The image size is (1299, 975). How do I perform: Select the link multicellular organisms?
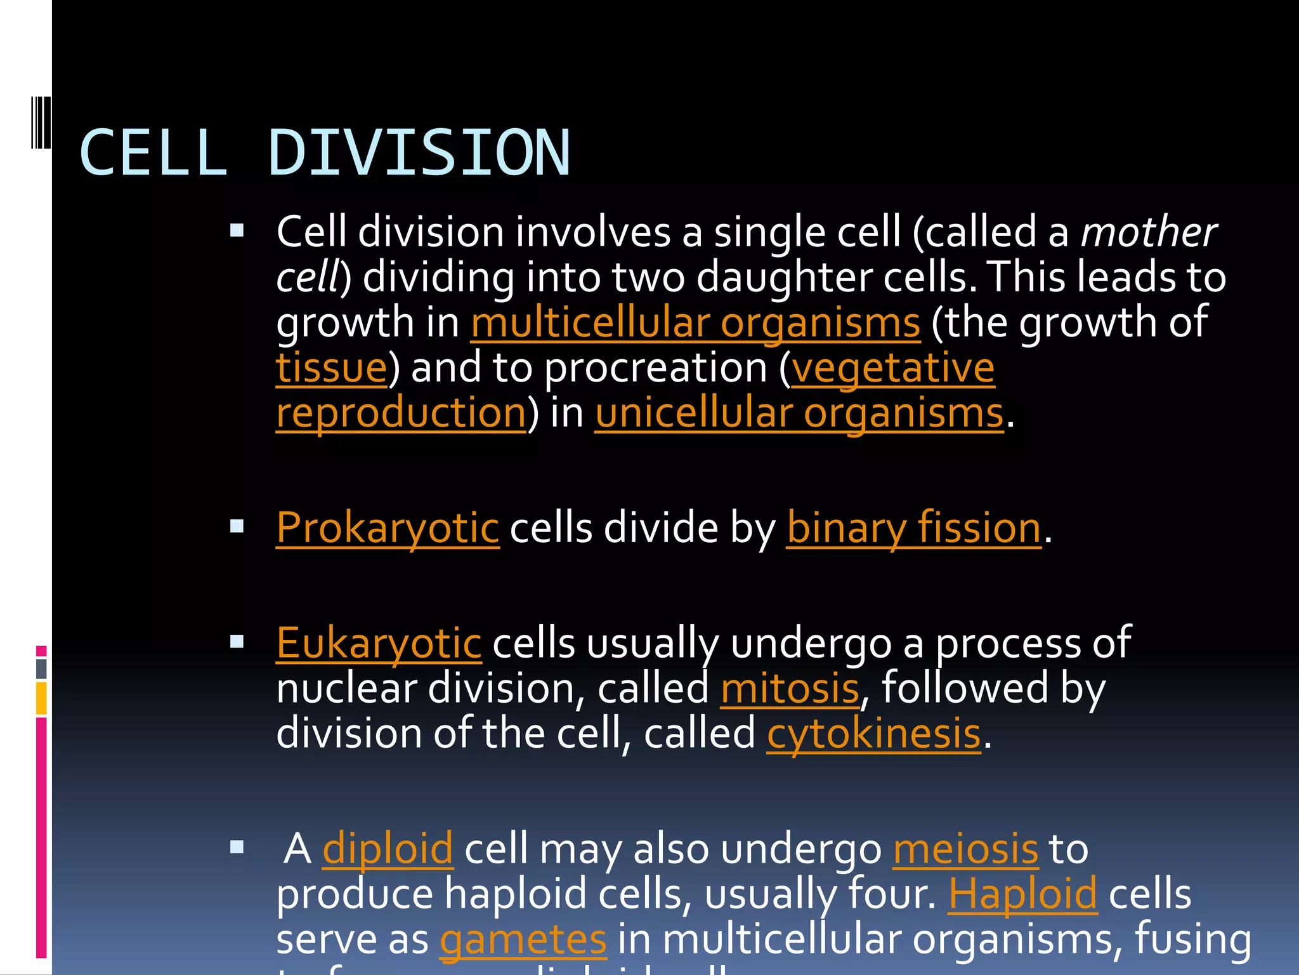coord(695,322)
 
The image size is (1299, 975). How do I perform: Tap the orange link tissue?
coord(331,368)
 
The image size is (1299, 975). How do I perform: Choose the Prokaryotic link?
coord(388,527)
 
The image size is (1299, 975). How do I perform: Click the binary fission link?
coord(913,527)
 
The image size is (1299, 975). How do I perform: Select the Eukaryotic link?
coord(379,643)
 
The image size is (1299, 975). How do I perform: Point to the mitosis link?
coord(790,689)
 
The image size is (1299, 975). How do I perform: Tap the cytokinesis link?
coord(874,734)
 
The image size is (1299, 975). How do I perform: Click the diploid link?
coord(388,849)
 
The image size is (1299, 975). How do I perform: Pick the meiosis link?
coord(965,849)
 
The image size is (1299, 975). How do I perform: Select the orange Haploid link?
coord(1022,894)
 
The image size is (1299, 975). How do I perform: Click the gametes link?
coord(523,939)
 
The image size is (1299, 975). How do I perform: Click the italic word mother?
coord(1148,232)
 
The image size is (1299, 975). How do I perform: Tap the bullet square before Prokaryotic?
coord(237,526)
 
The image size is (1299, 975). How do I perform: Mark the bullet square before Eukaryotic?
coord(237,641)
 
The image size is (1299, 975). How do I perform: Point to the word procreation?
coord(656,368)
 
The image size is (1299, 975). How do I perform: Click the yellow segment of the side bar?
coord(41,698)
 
